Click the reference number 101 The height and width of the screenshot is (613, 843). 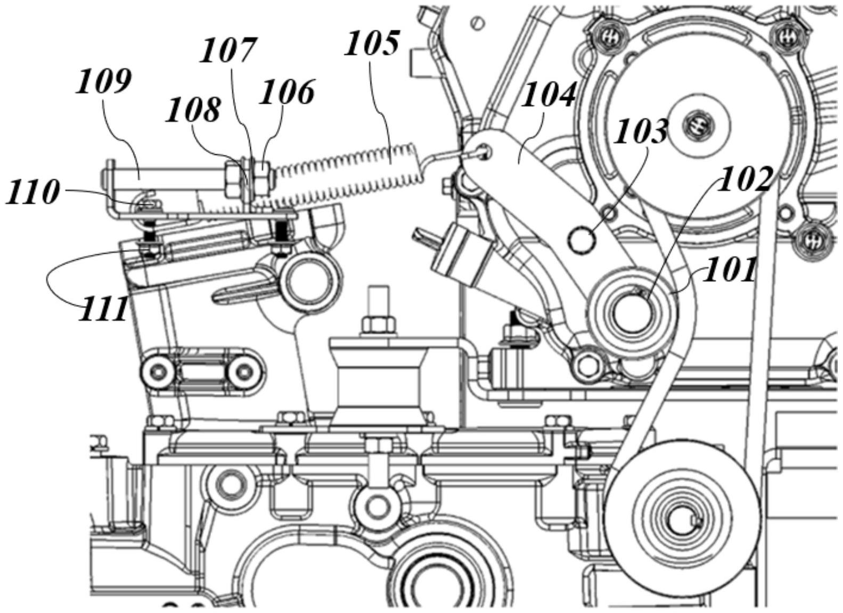pos(730,270)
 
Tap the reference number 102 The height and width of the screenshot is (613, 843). pos(744,179)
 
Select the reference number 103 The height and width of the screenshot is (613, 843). pos(641,131)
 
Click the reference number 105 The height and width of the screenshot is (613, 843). pos(372,44)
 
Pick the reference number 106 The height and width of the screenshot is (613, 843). pos(287,92)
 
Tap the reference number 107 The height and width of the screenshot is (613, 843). pos(228,51)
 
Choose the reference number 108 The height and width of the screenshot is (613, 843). pos(193,111)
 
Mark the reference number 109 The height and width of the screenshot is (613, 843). pos(103,82)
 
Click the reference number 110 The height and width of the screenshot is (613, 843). pos(32,192)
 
